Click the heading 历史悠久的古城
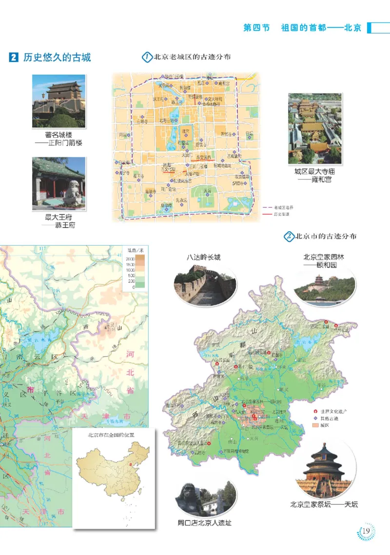(57, 57)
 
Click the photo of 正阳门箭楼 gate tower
(58, 100)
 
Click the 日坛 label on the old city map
(249, 133)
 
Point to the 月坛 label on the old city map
(122, 135)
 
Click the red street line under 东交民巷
(205, 160)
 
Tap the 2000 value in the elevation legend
(129, 258)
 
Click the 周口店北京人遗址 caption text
(204, 523)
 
